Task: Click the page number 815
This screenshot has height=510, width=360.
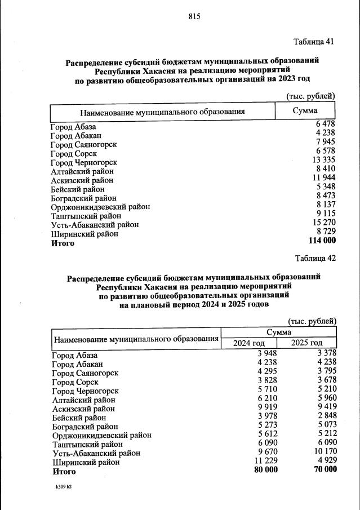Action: tap(194, 17)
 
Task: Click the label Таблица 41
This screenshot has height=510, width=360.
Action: tap(314, 42)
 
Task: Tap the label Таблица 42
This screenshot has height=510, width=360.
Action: tap(315, 259)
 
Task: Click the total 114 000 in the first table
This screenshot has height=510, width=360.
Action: tap(321, 241)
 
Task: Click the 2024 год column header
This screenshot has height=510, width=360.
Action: tap(249, 343)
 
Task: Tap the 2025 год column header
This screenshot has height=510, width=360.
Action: tap(306, 343)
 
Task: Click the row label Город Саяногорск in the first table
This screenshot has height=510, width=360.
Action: tap(83, 145)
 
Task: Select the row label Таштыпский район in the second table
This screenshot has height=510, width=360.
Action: tap(87, 444)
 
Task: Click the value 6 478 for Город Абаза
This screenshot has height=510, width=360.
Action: tap(326, 124)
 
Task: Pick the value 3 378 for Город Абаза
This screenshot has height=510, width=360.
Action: tap(326, 353)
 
